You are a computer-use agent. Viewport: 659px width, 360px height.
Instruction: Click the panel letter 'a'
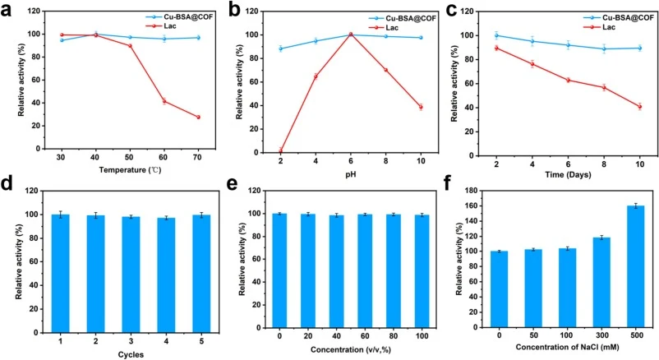pyautogui.click(x=7, y=10)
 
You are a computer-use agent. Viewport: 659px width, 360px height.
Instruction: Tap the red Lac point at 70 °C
pyautogui.click(x=197, y=117)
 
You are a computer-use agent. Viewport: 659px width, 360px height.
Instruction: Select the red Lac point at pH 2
pyautogui.click(x=280, y=151)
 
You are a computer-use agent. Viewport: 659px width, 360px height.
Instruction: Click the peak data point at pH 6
pyautogui.click(x=351, y=35)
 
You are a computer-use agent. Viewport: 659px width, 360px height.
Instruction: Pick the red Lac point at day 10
pyautogui.click(x=639, y=106)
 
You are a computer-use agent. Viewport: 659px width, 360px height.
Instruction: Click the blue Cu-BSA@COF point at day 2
pyautogui.click(x=496, y=35)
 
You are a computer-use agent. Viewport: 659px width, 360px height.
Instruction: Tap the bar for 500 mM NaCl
pyautogui.click(x=635, y=266)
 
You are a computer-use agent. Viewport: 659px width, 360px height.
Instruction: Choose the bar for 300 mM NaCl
pyautogui.click(x=601, y=282)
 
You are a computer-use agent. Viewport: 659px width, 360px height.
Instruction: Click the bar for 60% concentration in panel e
pyautogui.click(x=365, y=271)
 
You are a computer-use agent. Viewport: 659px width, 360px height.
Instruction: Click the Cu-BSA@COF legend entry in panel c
pyautogui.click(x=618, y=17)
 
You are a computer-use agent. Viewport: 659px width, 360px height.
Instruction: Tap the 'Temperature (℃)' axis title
pyautogui.click(x=130, y=170)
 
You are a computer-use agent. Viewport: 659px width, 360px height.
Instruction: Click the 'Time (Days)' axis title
pyautogui.click(x=568, y=174)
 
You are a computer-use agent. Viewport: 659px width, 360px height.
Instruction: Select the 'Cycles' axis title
pyautogui.click(x=131, y=354)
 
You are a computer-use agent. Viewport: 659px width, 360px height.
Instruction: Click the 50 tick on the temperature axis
pyautogui.click(x=129, y=157)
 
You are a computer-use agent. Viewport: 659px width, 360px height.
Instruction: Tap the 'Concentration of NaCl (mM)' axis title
pyautogui.click(x=567, y=347)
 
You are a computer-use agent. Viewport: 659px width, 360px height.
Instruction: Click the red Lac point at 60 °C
pyautogui.click(x=164, y=101)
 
